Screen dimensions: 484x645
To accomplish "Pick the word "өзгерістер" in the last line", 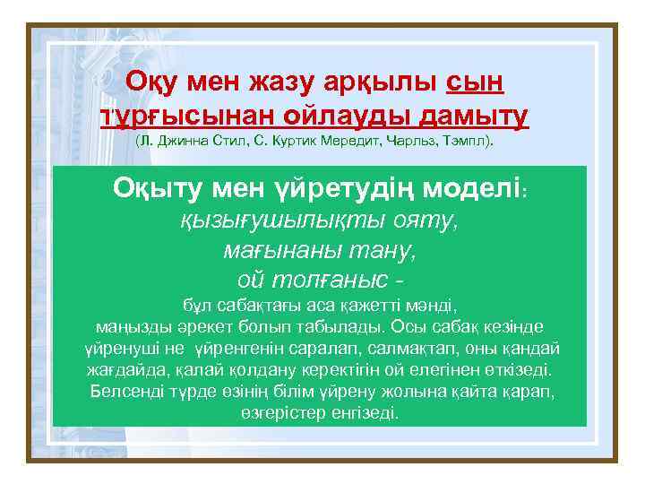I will tap(282, 413).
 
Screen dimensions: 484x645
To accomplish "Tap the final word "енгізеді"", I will tap(368, 413).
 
